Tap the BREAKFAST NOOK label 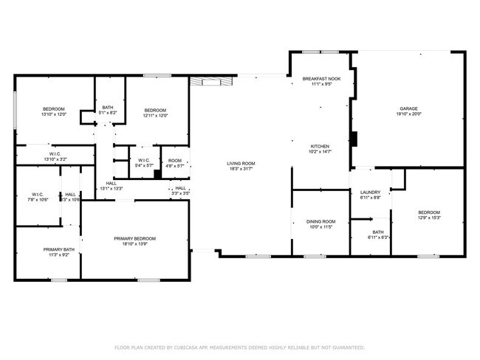(x=321, y=78)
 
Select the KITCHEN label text (x=320, y=146)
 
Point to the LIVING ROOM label (x=241, y=163)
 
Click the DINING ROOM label (x=321, y=221)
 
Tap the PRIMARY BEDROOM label (x=135, y=238)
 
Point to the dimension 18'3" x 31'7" (x=241, y=169)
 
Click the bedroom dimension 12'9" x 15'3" (x=428, y=218)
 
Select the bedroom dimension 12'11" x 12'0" (x=156, y=115)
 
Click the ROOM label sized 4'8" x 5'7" (x=175, y=161)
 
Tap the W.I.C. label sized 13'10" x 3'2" (x=55, y=156)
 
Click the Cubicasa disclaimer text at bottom (x=239, y=347)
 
